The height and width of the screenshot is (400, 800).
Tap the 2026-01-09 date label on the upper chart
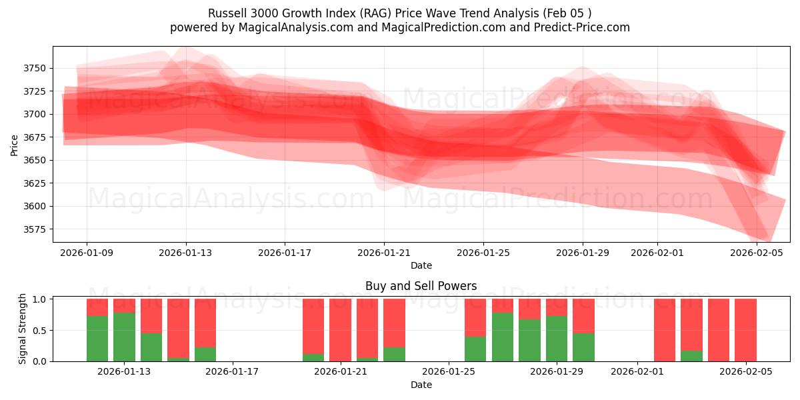[x=87, y=253]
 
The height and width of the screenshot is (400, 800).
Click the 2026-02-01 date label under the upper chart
[x=657, y=253]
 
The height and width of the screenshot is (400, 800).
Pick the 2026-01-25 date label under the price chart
[x=483, y=253]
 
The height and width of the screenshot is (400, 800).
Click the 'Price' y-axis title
[x=15, y=144]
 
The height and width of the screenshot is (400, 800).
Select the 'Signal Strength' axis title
[x=23, y=329]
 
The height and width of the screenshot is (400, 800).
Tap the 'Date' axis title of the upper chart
[x=421, y=265]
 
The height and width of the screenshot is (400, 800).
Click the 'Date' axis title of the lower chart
[x=421, y=385]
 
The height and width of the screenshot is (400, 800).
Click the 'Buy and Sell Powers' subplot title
[x=421, y=286]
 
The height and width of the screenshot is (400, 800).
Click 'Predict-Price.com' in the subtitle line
[x=585, y=27]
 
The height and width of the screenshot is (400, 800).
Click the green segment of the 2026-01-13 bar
[x=124, y=337]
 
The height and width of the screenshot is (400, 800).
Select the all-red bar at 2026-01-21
[x=340, y=330]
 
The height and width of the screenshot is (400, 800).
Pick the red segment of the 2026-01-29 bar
[x=557, y=307]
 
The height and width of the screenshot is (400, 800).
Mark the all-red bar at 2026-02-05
[x=745, y=330]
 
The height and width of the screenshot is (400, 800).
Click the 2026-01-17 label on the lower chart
[x=233, y=372]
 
